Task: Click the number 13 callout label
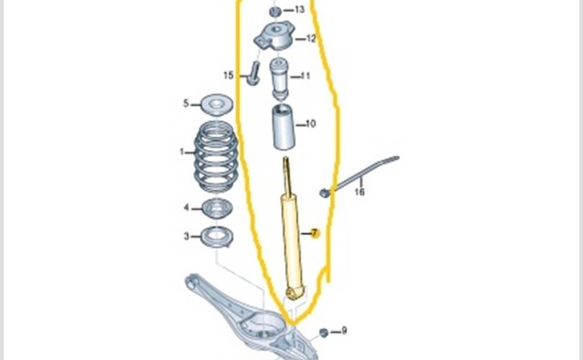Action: (x=299, y=10)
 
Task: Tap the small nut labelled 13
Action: (x=275, y=12)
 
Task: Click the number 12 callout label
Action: (x=311, y=39)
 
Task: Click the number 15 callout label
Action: (x=229, y=75)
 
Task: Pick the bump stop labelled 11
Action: (x=280, y=79)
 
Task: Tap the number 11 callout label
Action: (x=305, y=76)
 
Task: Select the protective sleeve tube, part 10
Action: (x=282, y=128)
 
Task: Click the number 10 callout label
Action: (x=311, y=124)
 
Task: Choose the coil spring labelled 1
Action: (x=217, y=158)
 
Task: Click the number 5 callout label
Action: (x=186, y=104)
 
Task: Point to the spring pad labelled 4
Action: (x=215, y=210)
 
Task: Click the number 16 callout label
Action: (x=359, y=192)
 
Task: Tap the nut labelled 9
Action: (x=323, y=332)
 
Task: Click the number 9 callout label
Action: (x=344, y=330)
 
